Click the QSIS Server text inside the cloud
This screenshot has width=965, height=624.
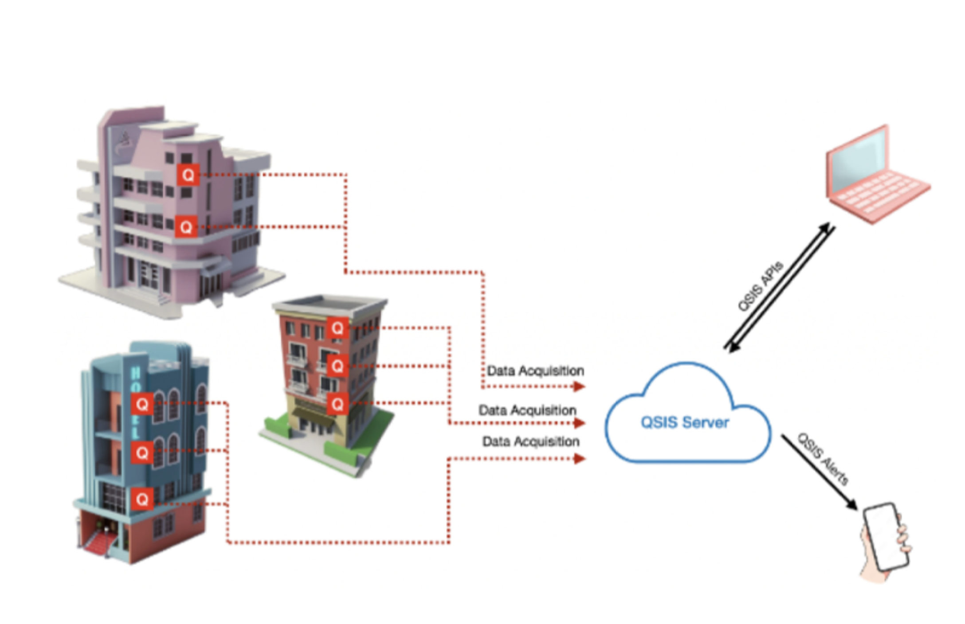point(684,422)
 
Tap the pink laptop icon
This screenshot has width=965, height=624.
point(876,177)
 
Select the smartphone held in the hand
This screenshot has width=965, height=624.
point(885,536)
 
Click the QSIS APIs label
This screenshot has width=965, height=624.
point(760,286)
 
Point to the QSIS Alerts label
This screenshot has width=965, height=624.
point(823,459)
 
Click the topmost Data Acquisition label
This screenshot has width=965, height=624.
point(535,370)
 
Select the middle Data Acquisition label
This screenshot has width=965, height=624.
point(527,410)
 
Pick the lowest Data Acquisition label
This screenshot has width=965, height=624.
point(531,441)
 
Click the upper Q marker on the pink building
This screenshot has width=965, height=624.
point(188,175)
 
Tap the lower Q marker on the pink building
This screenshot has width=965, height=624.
point(186,227)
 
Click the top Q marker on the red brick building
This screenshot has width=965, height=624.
point(337,328)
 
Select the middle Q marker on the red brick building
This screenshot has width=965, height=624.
point(337,366)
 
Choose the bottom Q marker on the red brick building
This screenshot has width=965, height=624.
point(337,404)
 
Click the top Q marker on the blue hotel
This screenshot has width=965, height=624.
point(142,404)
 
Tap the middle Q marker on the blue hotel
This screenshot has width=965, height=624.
point(142,452)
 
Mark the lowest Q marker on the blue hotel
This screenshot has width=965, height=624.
point(142,499)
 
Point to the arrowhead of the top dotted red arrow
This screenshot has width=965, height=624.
point(579,386)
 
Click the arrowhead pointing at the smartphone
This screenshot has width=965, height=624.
point(852,504)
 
